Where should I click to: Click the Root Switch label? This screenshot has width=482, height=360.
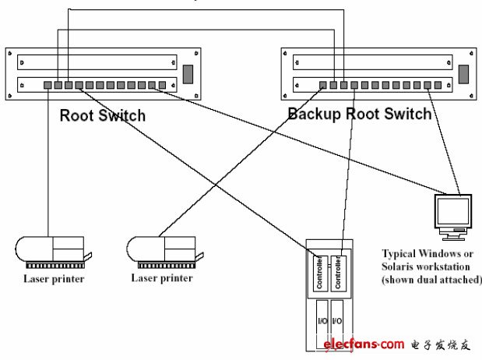[x=102, y=116]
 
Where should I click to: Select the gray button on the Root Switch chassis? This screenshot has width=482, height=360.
[x=188, y=75]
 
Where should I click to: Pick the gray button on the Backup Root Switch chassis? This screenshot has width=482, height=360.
[x=463, y=75]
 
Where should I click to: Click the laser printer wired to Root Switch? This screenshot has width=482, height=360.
[x=51, y=250]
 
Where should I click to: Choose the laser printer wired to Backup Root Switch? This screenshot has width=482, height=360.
[x=164, y=250]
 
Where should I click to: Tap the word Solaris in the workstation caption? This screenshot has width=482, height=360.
[x=399, y=266]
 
